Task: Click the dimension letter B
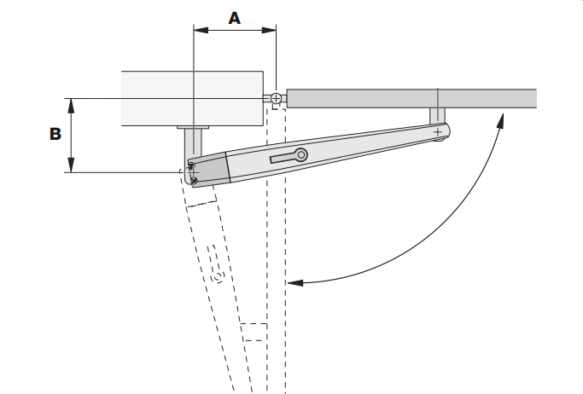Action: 54,134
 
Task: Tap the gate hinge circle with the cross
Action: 276,99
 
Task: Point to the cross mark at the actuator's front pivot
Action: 438,132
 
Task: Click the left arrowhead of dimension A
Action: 199,31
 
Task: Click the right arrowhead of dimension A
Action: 271,31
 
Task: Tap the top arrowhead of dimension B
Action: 73,103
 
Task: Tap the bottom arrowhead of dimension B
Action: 73,167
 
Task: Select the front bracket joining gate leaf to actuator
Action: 437,118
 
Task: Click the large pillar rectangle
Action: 191,98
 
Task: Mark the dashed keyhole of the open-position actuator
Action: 217,277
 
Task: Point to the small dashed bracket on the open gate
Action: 253,331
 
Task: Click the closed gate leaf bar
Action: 410,98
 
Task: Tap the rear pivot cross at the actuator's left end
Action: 193,171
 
